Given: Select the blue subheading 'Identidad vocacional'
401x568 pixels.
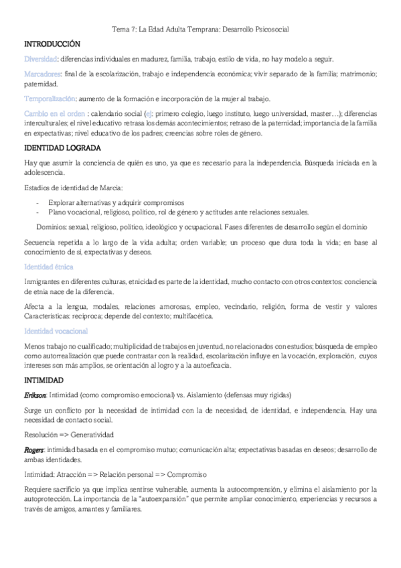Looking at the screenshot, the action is click(x=56, y=331).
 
